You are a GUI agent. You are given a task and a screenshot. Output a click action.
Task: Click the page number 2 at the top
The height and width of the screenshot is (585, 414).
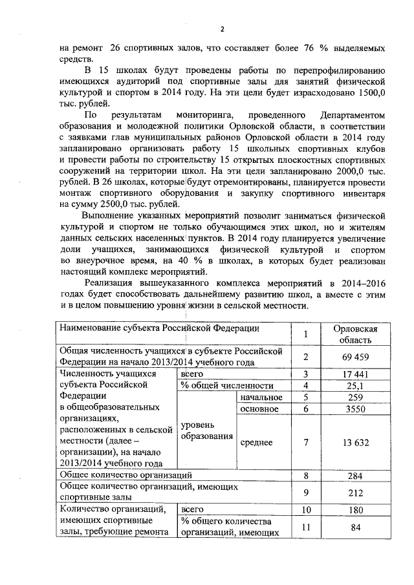coord(221,30)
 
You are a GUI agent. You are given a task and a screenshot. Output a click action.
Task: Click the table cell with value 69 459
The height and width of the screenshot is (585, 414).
coord(354,356)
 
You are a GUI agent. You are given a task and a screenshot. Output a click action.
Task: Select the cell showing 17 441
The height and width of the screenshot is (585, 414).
coord(354,374)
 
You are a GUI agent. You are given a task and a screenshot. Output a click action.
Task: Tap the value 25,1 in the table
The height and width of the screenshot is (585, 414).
coord(354,386)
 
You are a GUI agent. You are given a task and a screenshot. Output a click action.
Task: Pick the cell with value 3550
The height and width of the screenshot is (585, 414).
coord(354,409)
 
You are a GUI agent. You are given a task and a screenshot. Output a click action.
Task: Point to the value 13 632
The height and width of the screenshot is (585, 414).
coord(354,442)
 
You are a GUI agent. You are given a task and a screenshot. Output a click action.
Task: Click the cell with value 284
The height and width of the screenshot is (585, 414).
coord(354,476)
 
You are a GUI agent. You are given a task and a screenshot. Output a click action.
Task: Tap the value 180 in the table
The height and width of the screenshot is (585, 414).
coord(354,511)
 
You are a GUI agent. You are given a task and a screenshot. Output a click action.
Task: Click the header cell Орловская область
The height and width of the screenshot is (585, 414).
coord(354,334)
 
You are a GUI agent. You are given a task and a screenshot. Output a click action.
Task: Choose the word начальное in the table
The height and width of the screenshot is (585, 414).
coord(261,397)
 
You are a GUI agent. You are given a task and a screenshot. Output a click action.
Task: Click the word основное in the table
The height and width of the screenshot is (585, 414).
coord(259,409)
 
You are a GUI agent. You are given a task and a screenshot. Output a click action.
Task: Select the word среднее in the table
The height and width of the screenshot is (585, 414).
coord(257,442)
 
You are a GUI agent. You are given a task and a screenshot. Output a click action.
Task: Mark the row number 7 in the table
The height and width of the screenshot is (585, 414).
coord(306,442)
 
